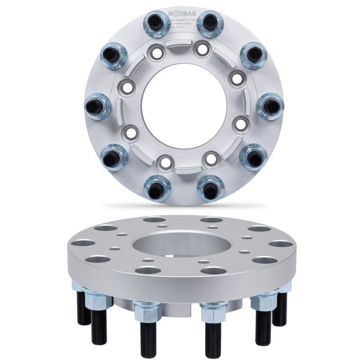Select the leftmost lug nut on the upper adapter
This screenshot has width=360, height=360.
[96, 105]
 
